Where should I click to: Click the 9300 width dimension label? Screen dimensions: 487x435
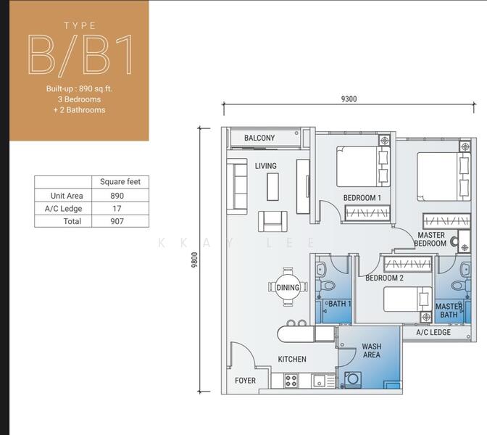click(x=349, y=99)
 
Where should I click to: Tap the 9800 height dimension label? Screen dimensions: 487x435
click(x=194, y=260)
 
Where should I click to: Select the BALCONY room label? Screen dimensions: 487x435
click(x=259, y=138)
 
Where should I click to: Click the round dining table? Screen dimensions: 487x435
click(x=288, y=287)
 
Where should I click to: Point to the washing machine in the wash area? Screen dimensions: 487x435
click(x=353, y=378)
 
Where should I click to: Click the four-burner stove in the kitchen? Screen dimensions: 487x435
click(x=291, y=381)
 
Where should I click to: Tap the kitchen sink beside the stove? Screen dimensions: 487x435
click(x=320, y=381)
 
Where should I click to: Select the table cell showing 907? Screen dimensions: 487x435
click(x=117, y=221)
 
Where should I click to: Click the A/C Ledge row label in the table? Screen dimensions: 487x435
click(x=63, y=209)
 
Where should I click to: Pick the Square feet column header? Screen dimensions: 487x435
click(x=120, y=182)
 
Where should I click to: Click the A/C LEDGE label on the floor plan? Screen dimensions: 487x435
click(x=433, y=332)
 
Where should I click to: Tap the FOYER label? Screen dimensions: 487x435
click(x=246, y=381)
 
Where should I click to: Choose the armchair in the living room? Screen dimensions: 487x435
click(x=272, y=221)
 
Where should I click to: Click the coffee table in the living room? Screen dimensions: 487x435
click(x=272, y=187)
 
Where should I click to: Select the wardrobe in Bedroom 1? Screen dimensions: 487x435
click(x=367, y=213)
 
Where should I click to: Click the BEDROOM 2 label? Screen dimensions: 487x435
click(x=384, y=278)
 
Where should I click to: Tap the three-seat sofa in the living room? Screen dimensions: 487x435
click(x=237, y=186)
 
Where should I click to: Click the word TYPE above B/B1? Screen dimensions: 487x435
click(x=80, y=25)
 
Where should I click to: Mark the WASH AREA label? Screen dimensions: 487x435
click(x=372, y=350)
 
